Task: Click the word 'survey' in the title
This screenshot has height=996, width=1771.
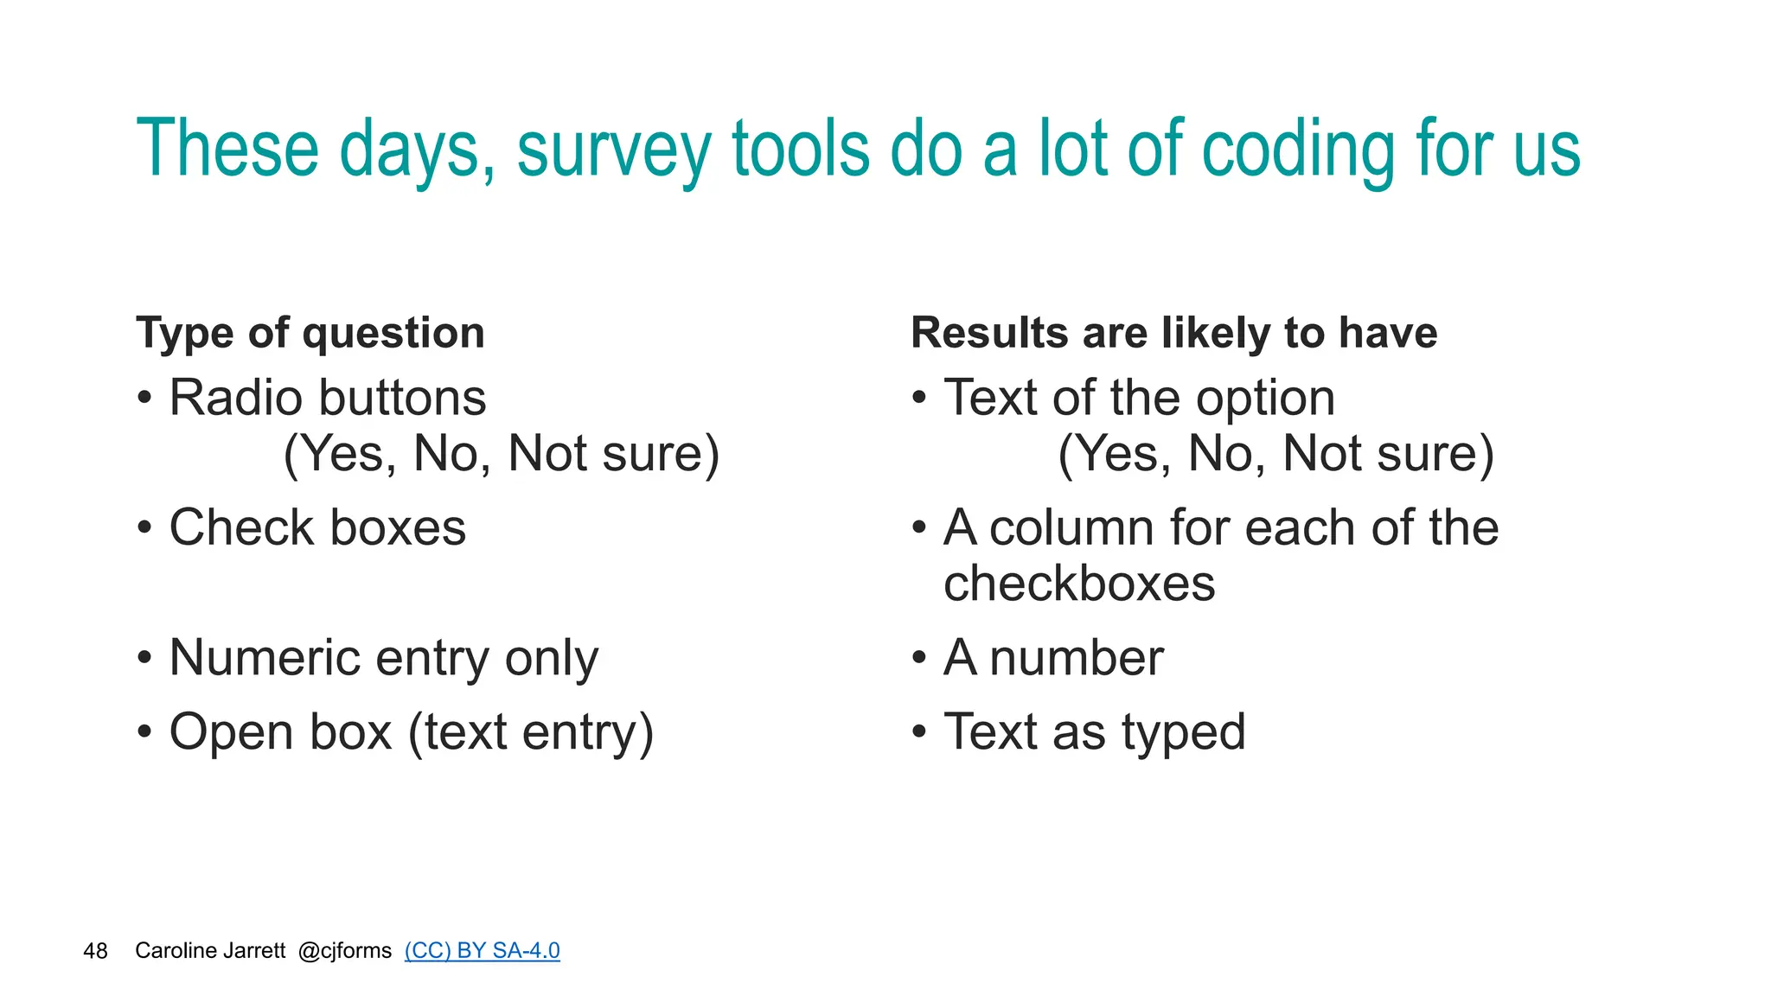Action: [613, 150]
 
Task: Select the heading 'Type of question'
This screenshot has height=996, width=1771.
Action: [310, 333]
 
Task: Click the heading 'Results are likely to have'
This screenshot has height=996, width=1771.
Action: [1173, 333]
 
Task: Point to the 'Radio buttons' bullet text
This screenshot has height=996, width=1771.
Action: [328, 398]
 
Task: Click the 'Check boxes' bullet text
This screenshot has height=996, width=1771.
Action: [317, 527]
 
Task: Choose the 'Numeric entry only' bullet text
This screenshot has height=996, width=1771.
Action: [383, 658]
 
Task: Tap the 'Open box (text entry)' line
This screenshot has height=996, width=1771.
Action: [412, 732]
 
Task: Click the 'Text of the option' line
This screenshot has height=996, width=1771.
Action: [1139, 398]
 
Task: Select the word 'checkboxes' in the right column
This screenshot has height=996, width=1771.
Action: [1079, 584]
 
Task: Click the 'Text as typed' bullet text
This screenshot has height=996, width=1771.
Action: [1094, 732]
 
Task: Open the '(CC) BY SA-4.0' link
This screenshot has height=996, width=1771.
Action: [482, 951]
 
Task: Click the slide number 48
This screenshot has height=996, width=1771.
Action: [95, 951]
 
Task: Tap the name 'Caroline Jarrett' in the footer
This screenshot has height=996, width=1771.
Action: [210, 951]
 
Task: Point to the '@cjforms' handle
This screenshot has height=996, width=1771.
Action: [344, 951]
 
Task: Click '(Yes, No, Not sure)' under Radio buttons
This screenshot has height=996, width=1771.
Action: [502, 454]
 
